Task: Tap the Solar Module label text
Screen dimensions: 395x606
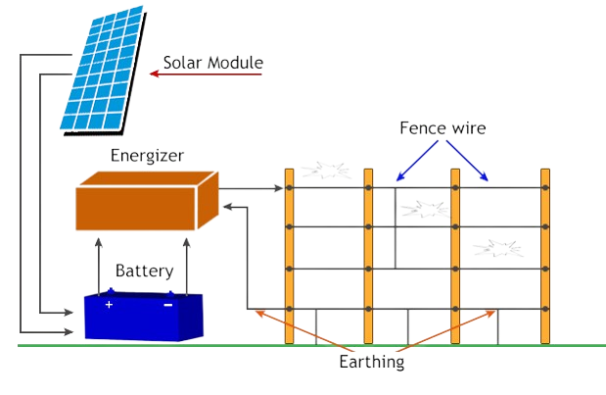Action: (212, 65)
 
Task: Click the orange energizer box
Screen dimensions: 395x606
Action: (145, 201)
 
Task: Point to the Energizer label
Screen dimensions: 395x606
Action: (148, 155)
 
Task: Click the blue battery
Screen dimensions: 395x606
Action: (143, 316)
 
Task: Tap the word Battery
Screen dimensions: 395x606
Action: (144, 272)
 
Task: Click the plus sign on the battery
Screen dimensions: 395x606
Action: (109, 305)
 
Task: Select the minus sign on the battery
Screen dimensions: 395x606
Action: (167, 305)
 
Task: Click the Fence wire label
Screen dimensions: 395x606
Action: (443, 127)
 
